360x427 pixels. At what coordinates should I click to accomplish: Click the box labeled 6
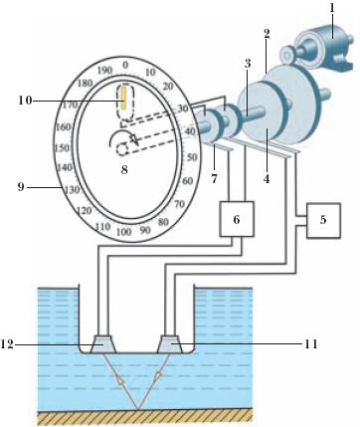(x=237, y=219)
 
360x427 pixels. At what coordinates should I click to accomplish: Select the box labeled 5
(x=323, y=220)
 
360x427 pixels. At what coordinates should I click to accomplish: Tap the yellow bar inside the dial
(x=123, y=98)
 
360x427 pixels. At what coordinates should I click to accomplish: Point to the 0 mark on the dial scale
(x=125, y=65)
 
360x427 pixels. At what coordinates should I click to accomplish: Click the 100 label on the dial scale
(x=124, y=231)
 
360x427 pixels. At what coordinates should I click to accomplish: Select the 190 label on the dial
(x=105, y=71)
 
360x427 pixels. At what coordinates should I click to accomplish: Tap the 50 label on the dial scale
(x=192, y=157)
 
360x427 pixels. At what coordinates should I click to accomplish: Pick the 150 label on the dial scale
(x=62, y=148)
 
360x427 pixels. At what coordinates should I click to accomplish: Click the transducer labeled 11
(x=171, y=343)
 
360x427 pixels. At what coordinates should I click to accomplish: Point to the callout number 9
(x=21, y=187)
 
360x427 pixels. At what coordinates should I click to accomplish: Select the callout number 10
(x=25, y=100)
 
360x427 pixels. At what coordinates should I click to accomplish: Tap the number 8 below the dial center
(x=124, y=170)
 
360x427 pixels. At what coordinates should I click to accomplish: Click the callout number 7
(x=214, y=179)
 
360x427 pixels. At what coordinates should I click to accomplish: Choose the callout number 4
(x=267, y=179)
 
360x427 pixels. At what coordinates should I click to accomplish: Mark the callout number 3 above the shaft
(x=248, y=63)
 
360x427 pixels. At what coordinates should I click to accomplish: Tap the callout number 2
(x=267, y=34)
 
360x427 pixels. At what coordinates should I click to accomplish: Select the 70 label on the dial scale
(x=179, y=204)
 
